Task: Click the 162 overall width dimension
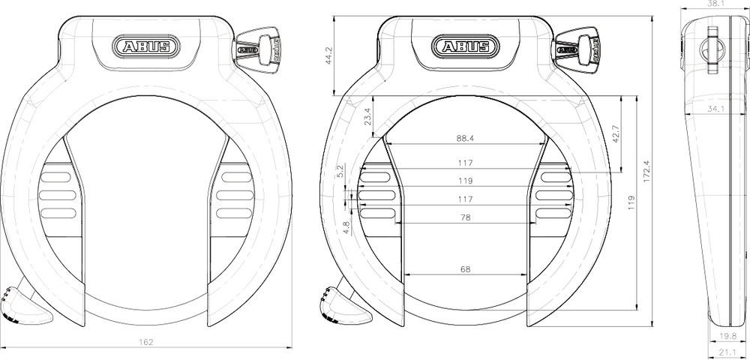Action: point(146,342)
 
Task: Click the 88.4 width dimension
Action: point(465,138)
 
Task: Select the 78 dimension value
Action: point(465,217)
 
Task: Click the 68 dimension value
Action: point(465,269)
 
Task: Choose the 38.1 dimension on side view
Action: point(715,4)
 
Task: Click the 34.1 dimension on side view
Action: point(715,109)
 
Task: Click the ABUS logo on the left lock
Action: point(146,46)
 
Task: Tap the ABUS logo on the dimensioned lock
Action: point(466,46)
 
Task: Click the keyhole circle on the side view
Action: point(710,49)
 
